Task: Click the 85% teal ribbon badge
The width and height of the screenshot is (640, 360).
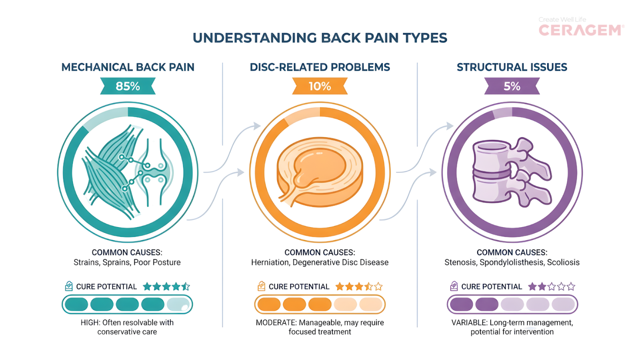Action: pos(128,86)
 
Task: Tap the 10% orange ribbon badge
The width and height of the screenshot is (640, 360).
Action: pos(320,86)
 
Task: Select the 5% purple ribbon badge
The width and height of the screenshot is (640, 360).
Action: pos(512,86)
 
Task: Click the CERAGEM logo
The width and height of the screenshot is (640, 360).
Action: pos(581,30)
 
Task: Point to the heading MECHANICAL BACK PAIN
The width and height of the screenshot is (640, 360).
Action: pos(128,67)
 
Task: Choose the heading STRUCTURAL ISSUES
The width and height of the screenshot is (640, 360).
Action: pos(512,67)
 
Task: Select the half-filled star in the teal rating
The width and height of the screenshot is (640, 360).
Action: pos(186,286)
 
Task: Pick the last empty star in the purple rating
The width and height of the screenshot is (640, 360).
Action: pos(571,286)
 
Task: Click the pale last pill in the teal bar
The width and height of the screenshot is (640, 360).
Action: pos(178,304)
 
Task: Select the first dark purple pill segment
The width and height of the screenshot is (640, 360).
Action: pos(462,304)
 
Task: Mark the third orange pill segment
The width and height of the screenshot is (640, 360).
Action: pos(320,304)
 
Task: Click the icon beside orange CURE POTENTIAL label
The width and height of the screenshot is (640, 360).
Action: pos(261,286)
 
